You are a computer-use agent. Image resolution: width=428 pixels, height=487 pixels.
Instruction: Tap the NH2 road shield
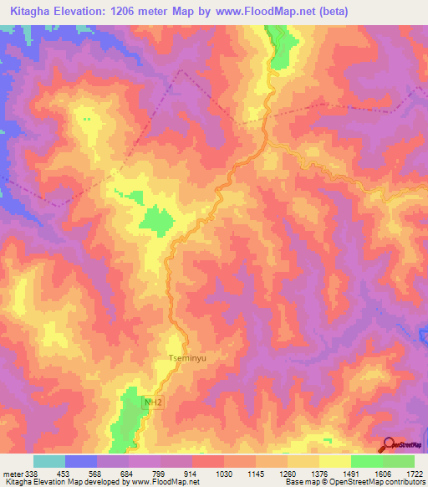(151, 402)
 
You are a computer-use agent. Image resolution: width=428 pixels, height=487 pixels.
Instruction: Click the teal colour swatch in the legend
(48, 461)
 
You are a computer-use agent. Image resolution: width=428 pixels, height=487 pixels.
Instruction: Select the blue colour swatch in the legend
(80, 461)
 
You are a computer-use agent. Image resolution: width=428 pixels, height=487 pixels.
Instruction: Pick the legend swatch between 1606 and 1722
(399, 461)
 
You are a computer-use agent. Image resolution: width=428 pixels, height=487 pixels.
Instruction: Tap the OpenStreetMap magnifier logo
(388, 445)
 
